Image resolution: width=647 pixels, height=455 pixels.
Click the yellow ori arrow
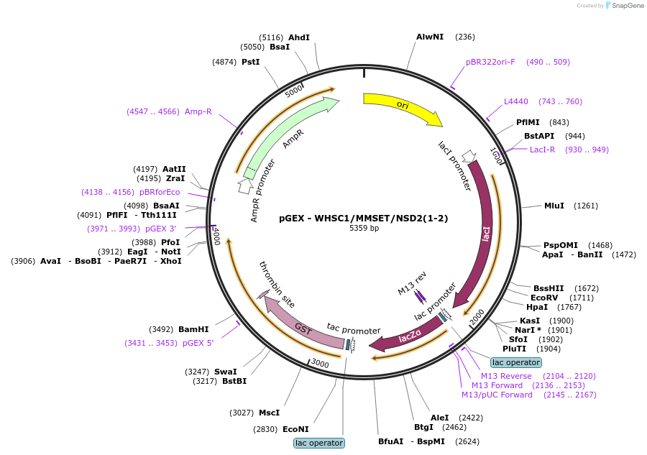pyautogui.click(x=403, y=106)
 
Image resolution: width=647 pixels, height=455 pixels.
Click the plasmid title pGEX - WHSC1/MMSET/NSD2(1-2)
pyautogui.click(x=364, y=219)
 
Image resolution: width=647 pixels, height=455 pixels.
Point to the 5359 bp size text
pyautogui.click(x=364, y=228)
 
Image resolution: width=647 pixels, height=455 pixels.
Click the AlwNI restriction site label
pyautogui.click(x=430, y=37)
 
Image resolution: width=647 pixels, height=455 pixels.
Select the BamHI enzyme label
pyautogui.click(x=193, y=329)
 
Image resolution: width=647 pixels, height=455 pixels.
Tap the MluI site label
pyautogui.click(x=554, y=206)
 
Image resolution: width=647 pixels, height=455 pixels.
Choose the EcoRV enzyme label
pyautogui.click(x=544, y=298)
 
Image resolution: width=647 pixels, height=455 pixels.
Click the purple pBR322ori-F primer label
pyautogui.click(x=490, y=62)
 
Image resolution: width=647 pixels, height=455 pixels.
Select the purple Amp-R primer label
pyautogui.click(x=198, y=111)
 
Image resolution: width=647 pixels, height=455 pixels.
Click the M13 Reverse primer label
pyautogui.click(x=506, y=376)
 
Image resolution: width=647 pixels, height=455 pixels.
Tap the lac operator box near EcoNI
pyautogui.click(x=319, y=443)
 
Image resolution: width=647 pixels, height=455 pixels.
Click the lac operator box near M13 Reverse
pyautogui.click(x=516, y=362)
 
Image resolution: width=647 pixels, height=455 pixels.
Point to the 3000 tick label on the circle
pyautogui.click(x=320, y=364)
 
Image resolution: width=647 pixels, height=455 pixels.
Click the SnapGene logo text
pyautogui.click(x=628, y=5)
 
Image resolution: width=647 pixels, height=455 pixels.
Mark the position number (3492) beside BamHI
pyautogui.click(x=161, y=329)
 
